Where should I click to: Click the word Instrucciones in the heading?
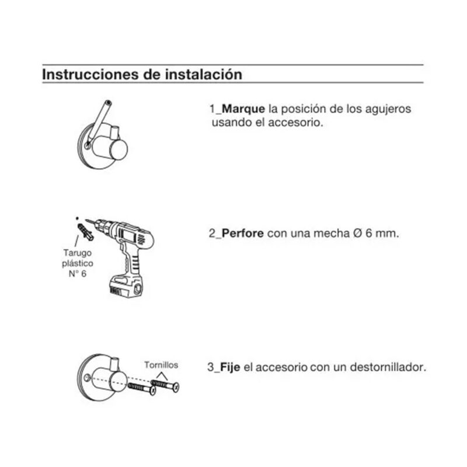pyautogui.click(x=90, y=74)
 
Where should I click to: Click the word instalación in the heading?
pyautogui.click(x=204, y=74)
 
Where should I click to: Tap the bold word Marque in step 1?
pyautogui.click(x=243, y=109)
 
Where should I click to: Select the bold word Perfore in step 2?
pyautogui.click(x=242, y=233)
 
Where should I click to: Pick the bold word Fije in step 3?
pyautogui.click(x=230, y=367)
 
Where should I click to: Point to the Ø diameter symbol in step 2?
pyautogui.click(x=358, y=233)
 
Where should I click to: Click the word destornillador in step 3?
pyautogui.click(x=388, y=367)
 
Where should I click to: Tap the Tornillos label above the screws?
pyautogui.click(x=161, y=365)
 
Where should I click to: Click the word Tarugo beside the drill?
pyautogui.click(x=78, y=253)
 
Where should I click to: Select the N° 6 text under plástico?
pyautogui.click(x=78, y=273)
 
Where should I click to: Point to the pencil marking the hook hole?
pyautogui.click(x=98, y=124)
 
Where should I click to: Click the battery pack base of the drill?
pyautogui.click(x=127, y=287)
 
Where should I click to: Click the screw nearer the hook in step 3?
pyautogui.click(x=142, y=388)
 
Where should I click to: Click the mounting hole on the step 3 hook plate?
pyautogui.click(x=86, y=378)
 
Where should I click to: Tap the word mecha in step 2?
pyautogui.click(x=332, y=233)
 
